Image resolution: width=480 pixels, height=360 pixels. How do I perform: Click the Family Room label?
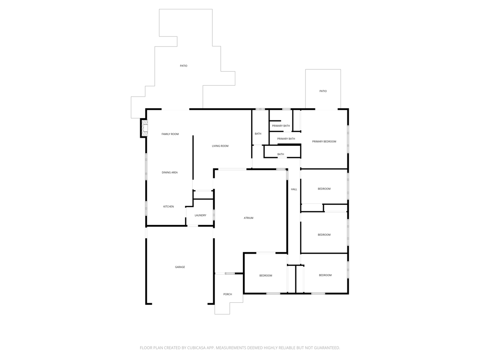pyautogui.click(x=170, y=134)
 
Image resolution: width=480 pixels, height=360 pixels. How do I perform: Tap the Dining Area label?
pyautogui.click(x=170, y=172)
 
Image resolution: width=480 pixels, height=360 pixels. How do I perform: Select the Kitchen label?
pyautogui.click(x=168, y=207)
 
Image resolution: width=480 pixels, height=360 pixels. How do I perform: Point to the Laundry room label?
pyautogui.click(x=201, y=216)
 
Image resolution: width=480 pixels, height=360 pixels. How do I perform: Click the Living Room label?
pyautogui.click(x=220, y=146)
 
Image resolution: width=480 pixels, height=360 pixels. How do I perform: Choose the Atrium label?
pyautogui.click(x=248, y=218)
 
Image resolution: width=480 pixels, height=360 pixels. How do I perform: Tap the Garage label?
pyautogui.click(x=180, y=267)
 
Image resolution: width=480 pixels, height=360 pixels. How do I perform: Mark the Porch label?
pyautogui.click(x=227, y=294)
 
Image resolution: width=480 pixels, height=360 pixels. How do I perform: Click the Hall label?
pyautogui.click(x=294, y=189)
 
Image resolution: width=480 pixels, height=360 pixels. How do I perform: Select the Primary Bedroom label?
pyautogui.click(x=324, y=142)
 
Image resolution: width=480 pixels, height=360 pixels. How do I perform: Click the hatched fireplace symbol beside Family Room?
pyautogui.click(x=144, y=128)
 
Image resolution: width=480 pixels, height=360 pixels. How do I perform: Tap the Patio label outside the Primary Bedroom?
pyautogui.click(x=323, y=91)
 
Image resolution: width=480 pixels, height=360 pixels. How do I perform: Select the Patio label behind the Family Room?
pyautogui.click(x=183, y=66)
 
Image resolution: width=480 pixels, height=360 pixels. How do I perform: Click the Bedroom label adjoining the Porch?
pyautogui.click(x=266, y=276)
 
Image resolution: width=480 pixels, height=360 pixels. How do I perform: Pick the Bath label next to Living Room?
pyautogui.click(x=258, y=134)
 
